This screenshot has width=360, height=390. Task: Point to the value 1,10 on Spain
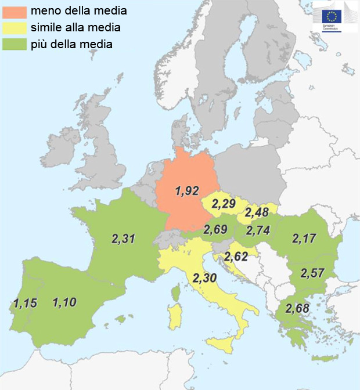pyautogui.click(x=64, y=302)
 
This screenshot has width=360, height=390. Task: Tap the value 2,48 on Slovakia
pyautogui.click(x=257, y=212)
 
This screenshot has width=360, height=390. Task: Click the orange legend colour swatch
pyautogui.click(x=14, y=10)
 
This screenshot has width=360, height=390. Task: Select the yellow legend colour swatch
pyautogui.click(x=14, y=27)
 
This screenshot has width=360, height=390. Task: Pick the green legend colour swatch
pyautogui.click(x=14, y=44)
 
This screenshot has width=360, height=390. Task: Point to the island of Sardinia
pyautogui.click(x=173, y=314)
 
